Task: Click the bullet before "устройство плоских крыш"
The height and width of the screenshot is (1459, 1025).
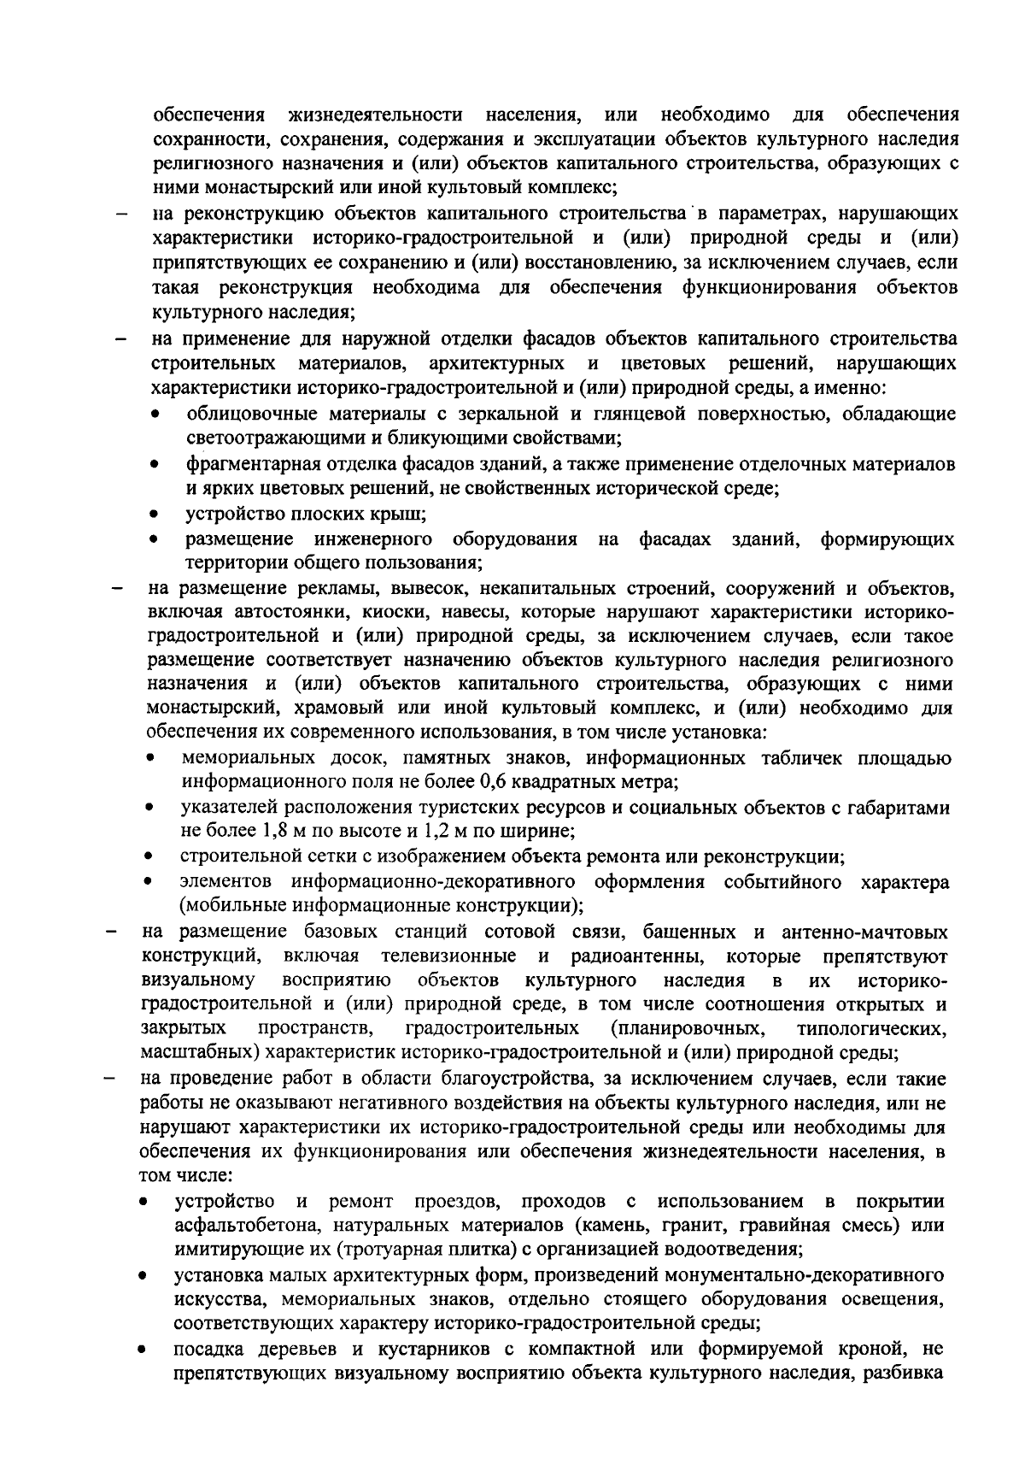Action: point(154,515)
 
